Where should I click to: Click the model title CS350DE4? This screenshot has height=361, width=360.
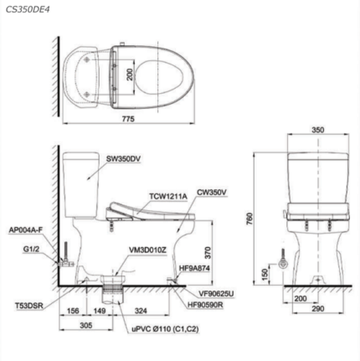(28, 9)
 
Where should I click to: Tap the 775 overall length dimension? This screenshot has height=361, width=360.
(128, 119)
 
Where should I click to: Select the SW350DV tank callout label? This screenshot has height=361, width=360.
(123, 159)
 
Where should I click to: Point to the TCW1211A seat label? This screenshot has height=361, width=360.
(168, 196)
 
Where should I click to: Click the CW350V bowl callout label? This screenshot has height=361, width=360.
(212, 193)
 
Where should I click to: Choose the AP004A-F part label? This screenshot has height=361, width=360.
(26, 229)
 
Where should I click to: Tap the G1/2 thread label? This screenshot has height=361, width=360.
(32, 249)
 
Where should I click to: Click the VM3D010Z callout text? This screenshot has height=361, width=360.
(147, 250)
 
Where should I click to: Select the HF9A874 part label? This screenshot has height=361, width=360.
(194, 268)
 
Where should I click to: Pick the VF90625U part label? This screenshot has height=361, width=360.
(216, 294)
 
